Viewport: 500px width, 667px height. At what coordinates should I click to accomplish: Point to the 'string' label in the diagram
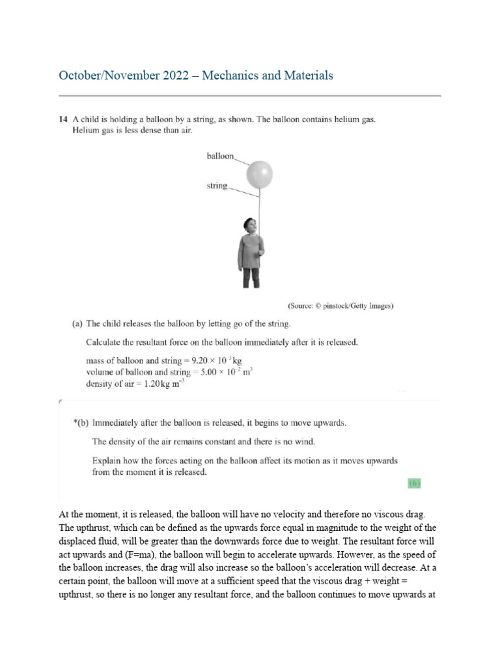[x=216, y=186]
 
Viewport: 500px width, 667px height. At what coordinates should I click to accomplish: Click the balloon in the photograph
[x=259, y=174]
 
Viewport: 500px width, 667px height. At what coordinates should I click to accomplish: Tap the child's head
[x=249, y=226]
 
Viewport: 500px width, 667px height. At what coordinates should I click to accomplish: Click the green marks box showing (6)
[x=414, y=483]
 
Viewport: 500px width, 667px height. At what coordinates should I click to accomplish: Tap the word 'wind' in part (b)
[x=303, y=442]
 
